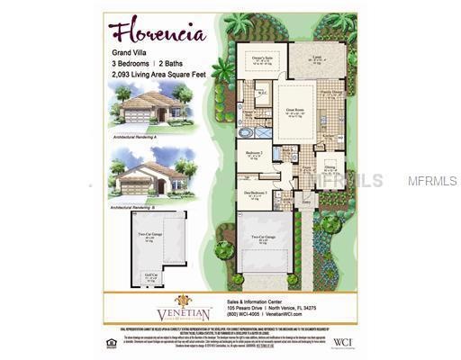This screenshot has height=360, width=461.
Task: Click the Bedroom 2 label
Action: tap(255, 153)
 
